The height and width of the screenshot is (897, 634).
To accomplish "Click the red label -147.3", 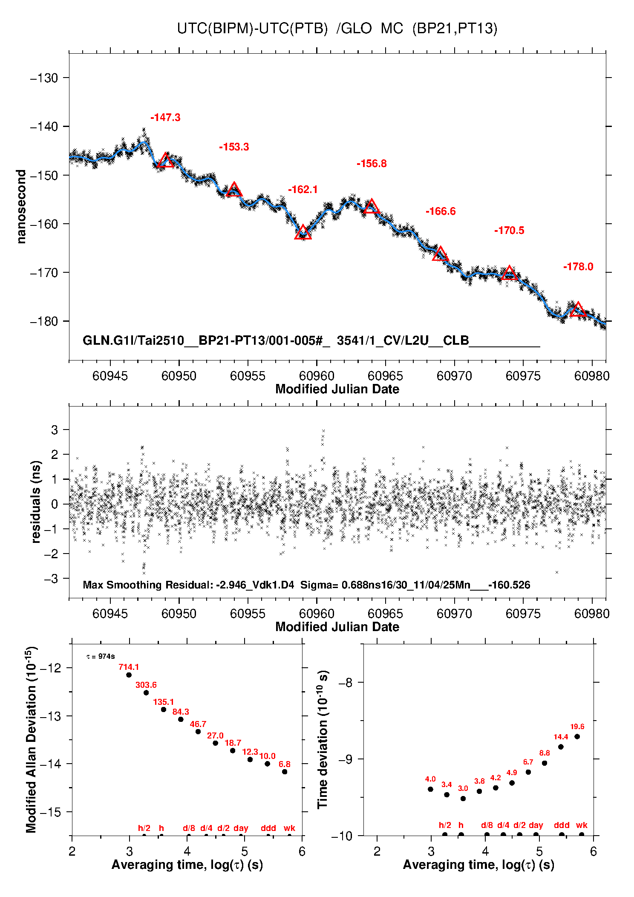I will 165,118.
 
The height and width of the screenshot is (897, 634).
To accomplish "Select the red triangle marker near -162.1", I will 303,233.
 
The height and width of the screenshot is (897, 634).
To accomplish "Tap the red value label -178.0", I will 578,267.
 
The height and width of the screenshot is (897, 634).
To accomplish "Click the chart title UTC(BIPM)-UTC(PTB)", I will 252,29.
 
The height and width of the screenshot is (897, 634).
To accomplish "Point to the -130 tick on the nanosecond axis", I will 44,78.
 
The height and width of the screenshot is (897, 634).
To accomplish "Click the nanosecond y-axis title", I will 21,207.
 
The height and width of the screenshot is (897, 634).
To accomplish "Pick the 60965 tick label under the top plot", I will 385,376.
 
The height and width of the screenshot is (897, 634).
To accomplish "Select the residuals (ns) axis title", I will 36,502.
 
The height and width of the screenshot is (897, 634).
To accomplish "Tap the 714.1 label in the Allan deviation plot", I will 129,667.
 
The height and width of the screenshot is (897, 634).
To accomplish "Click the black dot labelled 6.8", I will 285,772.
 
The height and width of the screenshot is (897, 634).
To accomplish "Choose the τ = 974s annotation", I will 101,657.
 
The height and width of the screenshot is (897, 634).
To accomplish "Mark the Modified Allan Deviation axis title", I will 31,739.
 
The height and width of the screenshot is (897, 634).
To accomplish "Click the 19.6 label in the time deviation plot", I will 577,727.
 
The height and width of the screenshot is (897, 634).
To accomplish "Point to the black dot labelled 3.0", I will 463,799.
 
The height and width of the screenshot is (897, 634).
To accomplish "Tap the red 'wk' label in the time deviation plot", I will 582,825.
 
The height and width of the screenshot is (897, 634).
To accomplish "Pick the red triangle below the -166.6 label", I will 440,254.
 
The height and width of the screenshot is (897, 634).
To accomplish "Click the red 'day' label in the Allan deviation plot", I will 241,828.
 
